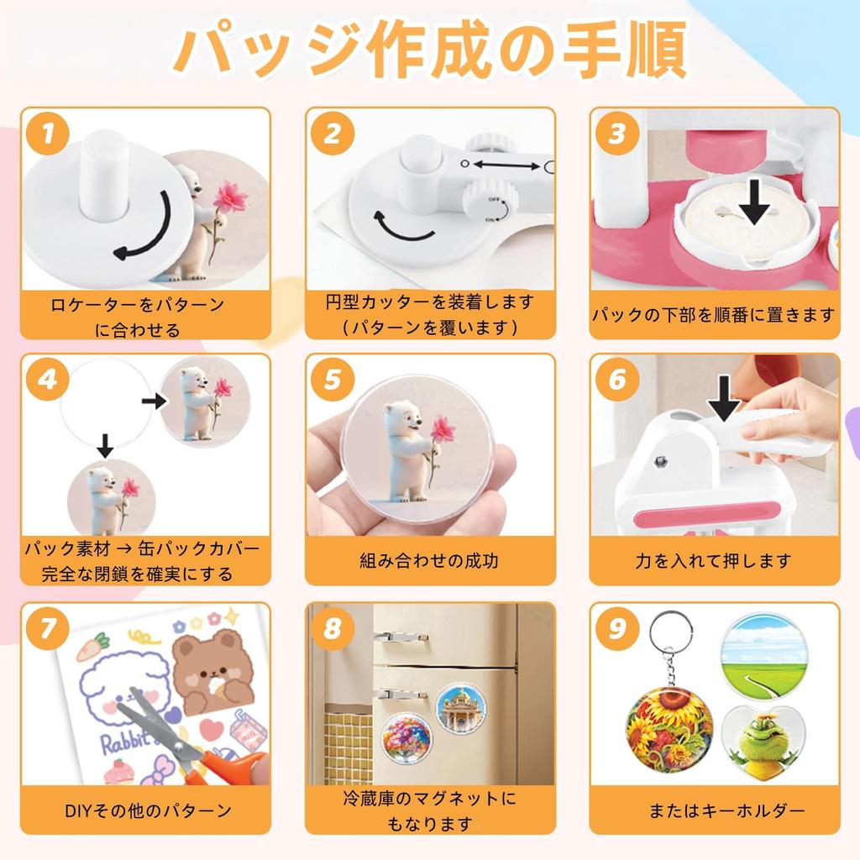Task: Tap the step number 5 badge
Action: tap(333, 379)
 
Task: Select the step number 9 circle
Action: tap(617, 628)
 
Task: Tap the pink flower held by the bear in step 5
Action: tap(443, 429)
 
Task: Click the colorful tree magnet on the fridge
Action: tap(406, 737)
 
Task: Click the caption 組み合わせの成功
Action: tap(429, 560)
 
